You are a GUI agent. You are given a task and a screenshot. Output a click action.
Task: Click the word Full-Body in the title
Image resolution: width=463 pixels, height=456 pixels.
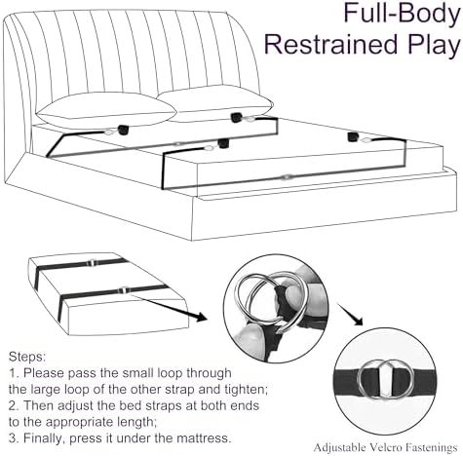[402, 14]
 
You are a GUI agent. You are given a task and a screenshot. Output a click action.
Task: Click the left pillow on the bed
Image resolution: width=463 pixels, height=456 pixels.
[106, 111]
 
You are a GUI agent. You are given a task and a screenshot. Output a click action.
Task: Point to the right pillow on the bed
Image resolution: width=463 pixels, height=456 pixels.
[214, 101]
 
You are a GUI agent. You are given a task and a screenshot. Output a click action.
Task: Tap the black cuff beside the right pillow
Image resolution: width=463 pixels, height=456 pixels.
[237, 118]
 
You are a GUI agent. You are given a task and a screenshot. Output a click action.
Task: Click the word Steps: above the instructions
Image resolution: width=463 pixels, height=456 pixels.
[27, 357]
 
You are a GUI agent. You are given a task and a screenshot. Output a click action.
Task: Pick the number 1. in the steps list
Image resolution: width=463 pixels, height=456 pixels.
[14, 373]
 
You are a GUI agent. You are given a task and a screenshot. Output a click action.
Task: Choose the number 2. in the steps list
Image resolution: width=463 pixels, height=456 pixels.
[14, 405]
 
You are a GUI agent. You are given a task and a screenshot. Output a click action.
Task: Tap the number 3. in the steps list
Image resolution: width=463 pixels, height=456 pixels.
[14, 438]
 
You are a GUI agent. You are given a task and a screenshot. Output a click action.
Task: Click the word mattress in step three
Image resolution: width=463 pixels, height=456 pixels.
[204, 438]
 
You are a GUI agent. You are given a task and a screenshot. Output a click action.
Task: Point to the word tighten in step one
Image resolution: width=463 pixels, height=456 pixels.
[246, 390]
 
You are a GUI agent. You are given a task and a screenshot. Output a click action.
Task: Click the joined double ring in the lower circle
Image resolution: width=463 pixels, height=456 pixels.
[385, 379]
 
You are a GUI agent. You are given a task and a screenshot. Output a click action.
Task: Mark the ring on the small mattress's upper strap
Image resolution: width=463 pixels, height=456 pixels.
[92, 262]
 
